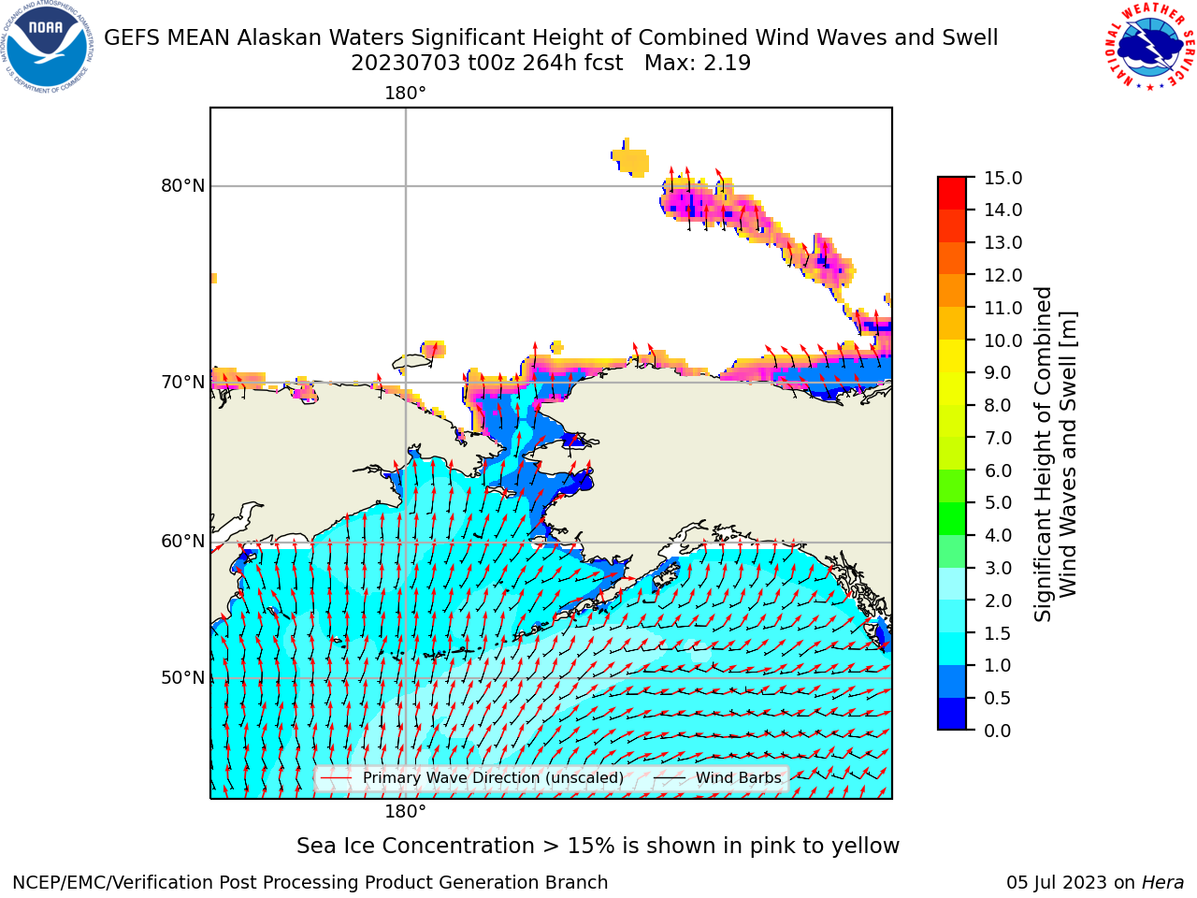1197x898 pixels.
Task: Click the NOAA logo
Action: pyautogui.click(x=47, y=47)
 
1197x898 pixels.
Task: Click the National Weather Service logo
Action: pyautogui.click(x=1150, y=47)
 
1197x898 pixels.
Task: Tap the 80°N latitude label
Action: pyautogui.click(x=182, y=186)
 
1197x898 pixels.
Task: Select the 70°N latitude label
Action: pyautogui.click(x=182, y=383)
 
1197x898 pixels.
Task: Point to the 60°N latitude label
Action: pyautogui.click(x=182, y=542)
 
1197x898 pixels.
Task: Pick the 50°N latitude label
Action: pyautogui.click(x=182, y=678)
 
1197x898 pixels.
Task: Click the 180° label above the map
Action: pyautogui.click(x=405, y=94)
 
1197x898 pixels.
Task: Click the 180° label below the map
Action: pyautogui.click(x=405, y=812)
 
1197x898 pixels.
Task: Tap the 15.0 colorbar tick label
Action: pyautogui.click(x=1002, y=179)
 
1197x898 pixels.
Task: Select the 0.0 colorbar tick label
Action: pyautogui.click(x=998, y=731)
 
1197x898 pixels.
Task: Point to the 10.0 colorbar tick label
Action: pyautogui.click(x=1002, y=340)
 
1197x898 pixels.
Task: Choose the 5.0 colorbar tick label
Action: pyautogui.click(x=998, y=502)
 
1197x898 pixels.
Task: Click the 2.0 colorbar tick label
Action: pyautogui.click(x=998, y=601)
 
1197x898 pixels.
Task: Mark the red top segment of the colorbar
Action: pyautogui.click(x=952, y=193)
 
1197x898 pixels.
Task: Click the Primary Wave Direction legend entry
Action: pyautogui.click(x=471, y=777)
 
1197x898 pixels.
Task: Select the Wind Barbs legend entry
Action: pyautogui.click(x=717, y=777)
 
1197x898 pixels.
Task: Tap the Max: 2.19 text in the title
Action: pyautogui.click(x=698, y=64)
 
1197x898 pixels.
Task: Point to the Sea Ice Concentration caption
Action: pyautogui.click(x=598, y=847)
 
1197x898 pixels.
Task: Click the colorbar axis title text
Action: pyautogui.click(x=1055, y=454)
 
